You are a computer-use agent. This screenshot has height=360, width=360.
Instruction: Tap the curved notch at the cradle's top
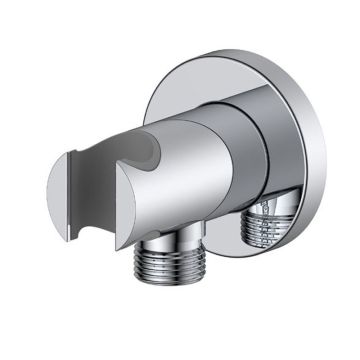(x=148, y=150)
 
